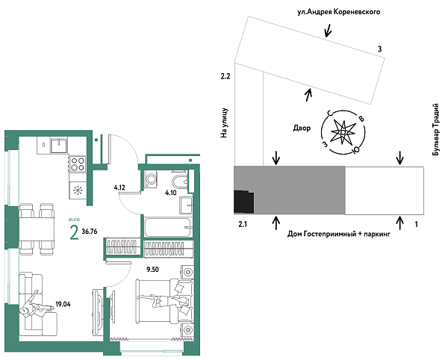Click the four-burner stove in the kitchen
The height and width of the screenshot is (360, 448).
click(x=78, y=163)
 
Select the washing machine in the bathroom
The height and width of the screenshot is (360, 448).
click(x=152, y=179)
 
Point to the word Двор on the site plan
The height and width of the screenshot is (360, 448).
click(x=301, y=128)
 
